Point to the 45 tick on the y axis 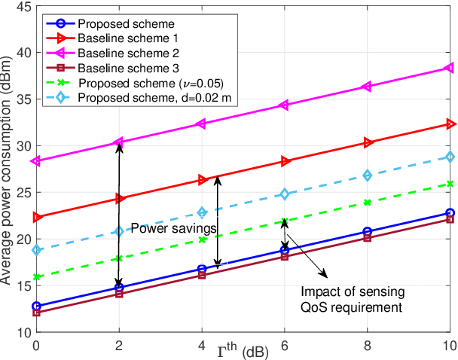[23, 7]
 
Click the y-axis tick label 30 [23, 146]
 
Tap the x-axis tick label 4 [202, 346]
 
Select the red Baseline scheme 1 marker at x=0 [36, 218]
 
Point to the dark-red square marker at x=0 [36, 313]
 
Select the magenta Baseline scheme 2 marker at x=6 [285, 105]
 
